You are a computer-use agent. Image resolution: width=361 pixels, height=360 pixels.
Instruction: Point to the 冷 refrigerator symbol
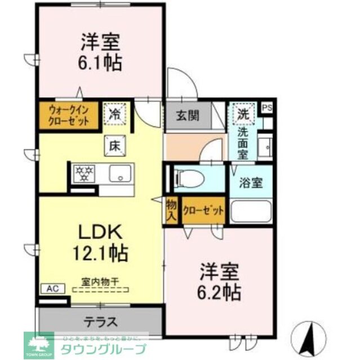[115, 114]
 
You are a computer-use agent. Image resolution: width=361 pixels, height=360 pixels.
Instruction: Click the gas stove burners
[84, 173]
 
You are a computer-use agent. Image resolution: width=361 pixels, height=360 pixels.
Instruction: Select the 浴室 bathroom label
[251, 183]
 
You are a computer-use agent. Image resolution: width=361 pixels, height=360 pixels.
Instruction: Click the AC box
[51, 289]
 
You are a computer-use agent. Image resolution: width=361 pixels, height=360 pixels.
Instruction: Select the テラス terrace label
[101, 322]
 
